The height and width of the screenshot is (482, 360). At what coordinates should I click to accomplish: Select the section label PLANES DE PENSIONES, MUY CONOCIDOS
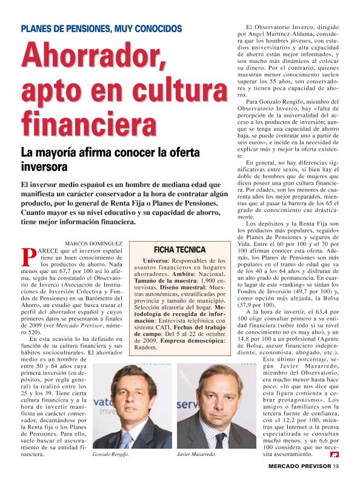101,28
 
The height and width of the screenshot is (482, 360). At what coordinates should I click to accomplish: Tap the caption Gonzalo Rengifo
111,454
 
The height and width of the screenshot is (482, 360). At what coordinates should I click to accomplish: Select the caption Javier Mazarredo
196,454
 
